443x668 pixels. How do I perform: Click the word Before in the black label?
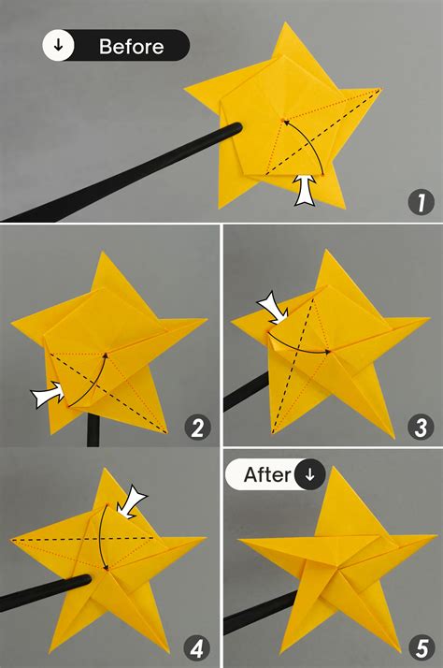(x=131, y=46)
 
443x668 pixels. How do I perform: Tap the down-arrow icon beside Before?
(x=59, y=46)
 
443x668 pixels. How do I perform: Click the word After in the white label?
(x=267, y=474)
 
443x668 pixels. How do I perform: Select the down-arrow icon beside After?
(x=309, y=474)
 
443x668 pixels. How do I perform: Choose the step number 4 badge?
(x=197, y=647)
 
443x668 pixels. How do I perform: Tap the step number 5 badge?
(x=421, y=647)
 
